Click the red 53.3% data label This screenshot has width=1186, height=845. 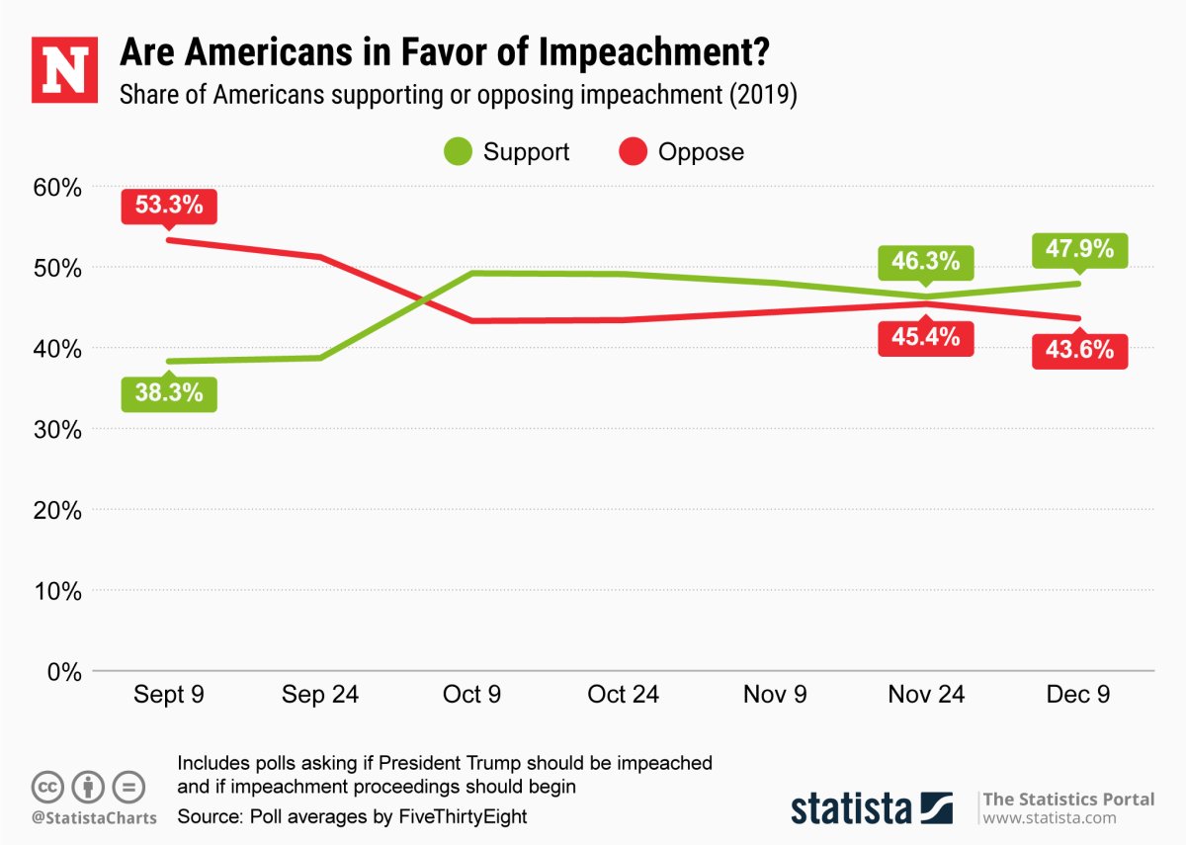tap(168, 206)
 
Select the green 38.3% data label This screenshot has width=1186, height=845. tap(168, 393)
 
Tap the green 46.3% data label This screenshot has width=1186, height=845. tap(926, 262)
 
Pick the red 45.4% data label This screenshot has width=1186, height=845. tap(926, 337)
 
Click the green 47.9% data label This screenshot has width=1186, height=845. tap(1078, 249)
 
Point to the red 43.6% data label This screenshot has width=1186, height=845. tap(1078, 350)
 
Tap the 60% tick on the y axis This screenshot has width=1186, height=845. tap(56, 187)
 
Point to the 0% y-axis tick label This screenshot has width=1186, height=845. tap(62, 672)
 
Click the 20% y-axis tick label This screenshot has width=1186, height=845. tap(56, 510)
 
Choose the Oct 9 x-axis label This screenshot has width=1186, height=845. tap(471, 695)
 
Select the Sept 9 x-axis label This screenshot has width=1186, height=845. tap(168, 695)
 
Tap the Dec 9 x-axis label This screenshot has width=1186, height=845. tap(1078, 695)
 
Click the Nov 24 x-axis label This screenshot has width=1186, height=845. tap(926, 695)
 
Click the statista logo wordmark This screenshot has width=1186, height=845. tap(851, 808)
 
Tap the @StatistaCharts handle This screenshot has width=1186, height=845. tap(94, 818)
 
